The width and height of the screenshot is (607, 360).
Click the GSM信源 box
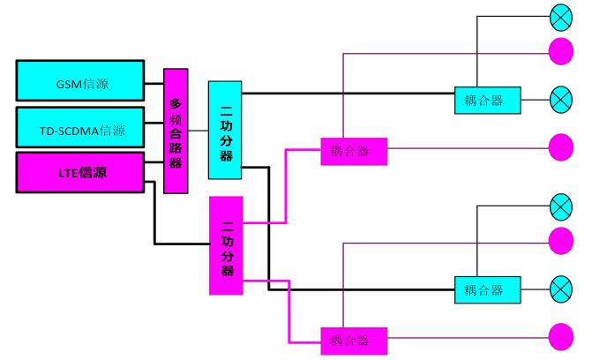click(x=80, y=80)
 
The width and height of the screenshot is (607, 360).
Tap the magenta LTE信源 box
click(x=80, y=172)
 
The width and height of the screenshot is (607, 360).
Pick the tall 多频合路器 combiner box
click(x=176, y=130)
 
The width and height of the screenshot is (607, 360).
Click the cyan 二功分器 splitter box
click(x=225, y=130)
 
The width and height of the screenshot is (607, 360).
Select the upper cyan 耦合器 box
click(x=487, y=101)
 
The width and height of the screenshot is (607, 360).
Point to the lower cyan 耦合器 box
click(x=487, y=289)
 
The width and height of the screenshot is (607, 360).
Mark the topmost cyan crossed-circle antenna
click(x=561, y=17)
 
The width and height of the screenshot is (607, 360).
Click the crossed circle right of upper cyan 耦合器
click(x=561, y=100)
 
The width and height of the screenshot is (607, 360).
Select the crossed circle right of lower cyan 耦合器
click(x=561, y=289)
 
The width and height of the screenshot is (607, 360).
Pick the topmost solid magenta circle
click(x=561, y=51)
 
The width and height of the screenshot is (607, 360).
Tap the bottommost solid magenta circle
click(x=561, y=337)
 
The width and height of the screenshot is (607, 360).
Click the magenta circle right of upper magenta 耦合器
click(x=561, y=148)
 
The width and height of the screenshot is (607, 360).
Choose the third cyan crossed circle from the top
click(x=561, y=206)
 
